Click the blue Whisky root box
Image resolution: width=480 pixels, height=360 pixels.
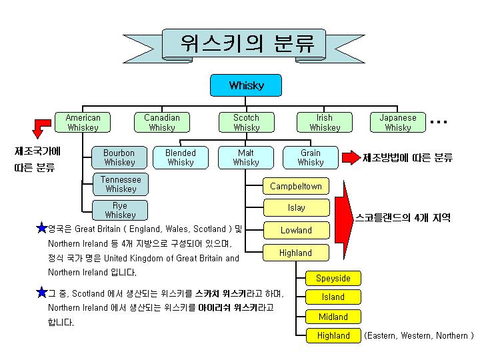click(x=246, y=85)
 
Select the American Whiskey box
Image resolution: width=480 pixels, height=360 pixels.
click(x=83, y=123)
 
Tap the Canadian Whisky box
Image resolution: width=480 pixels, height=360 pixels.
click(x=162, y=123)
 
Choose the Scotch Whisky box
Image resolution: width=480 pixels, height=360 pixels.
click(x=247, y=123)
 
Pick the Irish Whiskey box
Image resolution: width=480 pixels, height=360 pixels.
click(x=325, y=123)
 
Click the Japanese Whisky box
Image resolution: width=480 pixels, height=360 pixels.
click(x=398, y=123)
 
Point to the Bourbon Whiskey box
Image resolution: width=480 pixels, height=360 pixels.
click(x=119, y=157)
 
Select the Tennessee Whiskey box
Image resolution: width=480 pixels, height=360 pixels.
click(x=121, y=184)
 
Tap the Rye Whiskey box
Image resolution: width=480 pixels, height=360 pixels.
click(x=120, y=210)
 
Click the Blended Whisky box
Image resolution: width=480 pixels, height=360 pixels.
click(x=181, y=157)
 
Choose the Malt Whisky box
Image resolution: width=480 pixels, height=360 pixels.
click(x=246, y=157)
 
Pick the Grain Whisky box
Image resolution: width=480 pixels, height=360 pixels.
click(x=311, y=157)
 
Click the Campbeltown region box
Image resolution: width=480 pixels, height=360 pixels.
click(x=296, y=186)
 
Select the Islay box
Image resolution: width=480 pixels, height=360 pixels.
click(x=297, y=207)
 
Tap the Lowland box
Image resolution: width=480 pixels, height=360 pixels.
click(x=297, y=230)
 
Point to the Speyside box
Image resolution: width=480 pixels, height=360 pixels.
click(x=333, y=278)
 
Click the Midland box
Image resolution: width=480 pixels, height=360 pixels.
click(x=333, y=317)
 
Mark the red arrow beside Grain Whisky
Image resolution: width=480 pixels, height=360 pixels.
click(x=351, y=157)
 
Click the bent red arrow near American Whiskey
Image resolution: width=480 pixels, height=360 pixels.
click(x=42, y=128)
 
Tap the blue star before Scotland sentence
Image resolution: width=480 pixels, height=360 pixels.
click(x=41, y=293)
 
